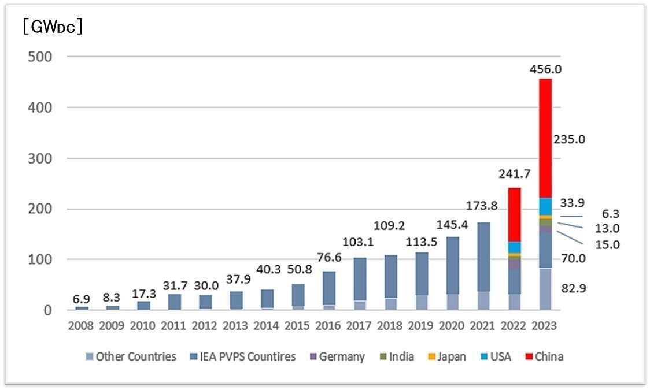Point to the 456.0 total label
click(x=545, y=69)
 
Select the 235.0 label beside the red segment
click(x=570, y=140)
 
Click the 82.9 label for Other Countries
click(x=575, y=287)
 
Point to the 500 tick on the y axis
click(x=40, y=57)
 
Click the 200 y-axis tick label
click(x=40, y=209)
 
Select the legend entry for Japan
click(x=446, y=356)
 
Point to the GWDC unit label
click(x=51, y=27)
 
